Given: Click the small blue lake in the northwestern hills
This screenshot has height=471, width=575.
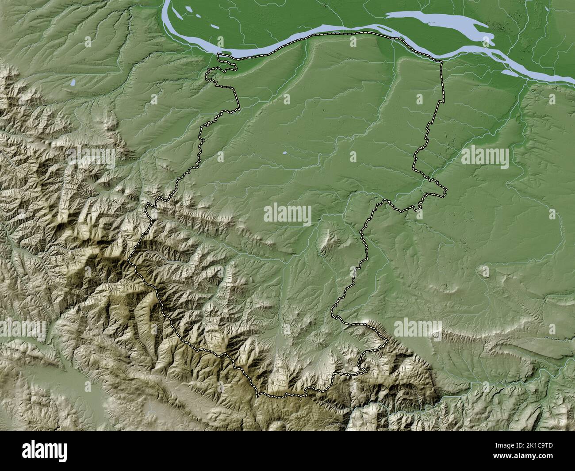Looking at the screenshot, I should click(x=72, y=82).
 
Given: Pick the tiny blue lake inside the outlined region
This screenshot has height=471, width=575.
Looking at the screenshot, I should click(x=285, y=153).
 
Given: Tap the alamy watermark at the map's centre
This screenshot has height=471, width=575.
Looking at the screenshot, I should click(x=287, y=214).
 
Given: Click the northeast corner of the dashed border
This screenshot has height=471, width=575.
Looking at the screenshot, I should click(x=442, y=62).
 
